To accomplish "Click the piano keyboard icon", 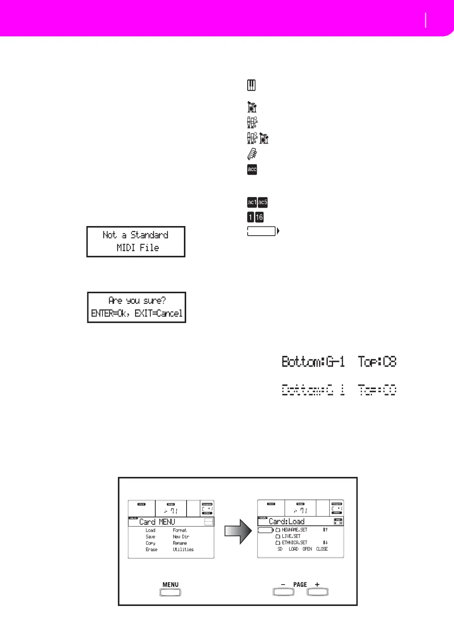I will pos(251,85).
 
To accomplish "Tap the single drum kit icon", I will pos(252,107).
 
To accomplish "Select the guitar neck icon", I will pos(252,153).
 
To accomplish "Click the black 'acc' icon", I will pos(252,169).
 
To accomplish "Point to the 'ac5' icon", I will pos(263,202).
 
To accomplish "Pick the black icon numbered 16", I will pos(259,217).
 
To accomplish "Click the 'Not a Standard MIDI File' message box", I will pos(136,241).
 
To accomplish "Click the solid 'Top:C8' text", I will pos(377,361).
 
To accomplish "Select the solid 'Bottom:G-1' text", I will pos(313,361).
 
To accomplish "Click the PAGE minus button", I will pos(283,592).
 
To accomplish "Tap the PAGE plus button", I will pos(317,592).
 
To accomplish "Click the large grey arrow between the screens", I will pos(238,530).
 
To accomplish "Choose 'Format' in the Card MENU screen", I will pos(180,530).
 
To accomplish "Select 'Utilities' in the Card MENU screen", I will pos(183,549).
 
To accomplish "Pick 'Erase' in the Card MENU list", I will pos(151,549).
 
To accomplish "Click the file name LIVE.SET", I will pos(291,536).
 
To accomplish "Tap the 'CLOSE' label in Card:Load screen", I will pos(322,549).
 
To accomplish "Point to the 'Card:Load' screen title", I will pos(287,521).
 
